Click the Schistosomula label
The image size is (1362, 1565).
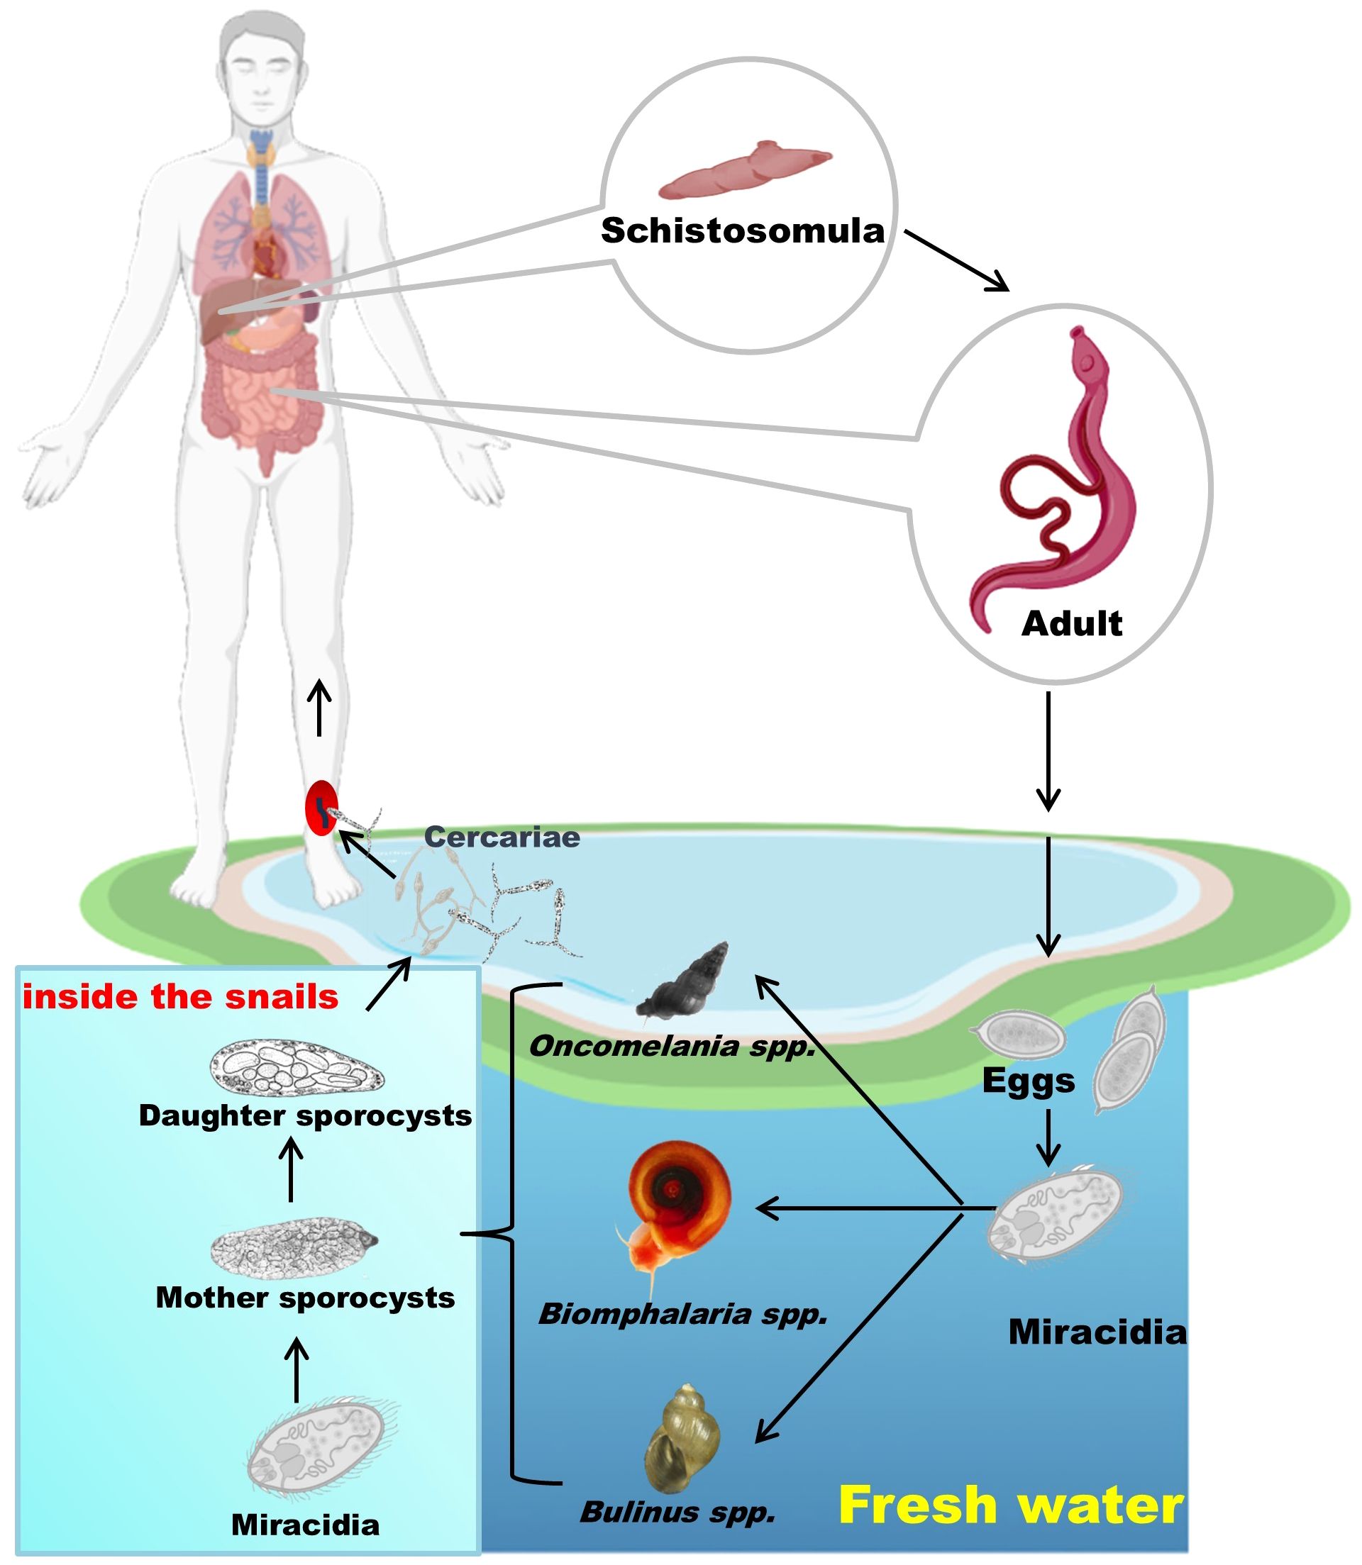pos(743,231)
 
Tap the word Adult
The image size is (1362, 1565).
pos(1072,624)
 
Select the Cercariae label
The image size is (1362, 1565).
pos(502,837)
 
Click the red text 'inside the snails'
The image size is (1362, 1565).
pos(180,998)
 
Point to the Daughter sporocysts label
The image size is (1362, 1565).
pos(305,1115)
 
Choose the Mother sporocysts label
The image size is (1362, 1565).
pos(305,1298)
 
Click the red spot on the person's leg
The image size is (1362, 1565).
pos(321,808)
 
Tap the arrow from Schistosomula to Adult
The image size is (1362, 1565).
pos(956,260)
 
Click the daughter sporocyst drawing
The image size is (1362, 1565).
pos(297,1068)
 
